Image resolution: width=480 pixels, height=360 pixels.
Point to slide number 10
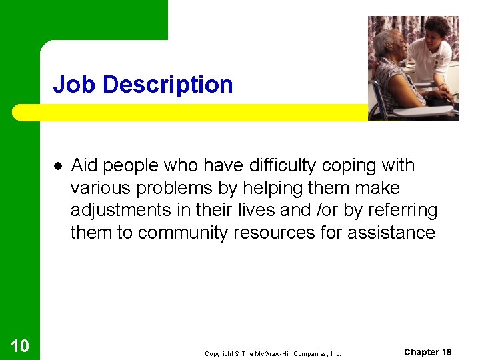point(20,345)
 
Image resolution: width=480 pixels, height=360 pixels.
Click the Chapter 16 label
point(427,352)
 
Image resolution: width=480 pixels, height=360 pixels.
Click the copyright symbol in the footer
point(237,354)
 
